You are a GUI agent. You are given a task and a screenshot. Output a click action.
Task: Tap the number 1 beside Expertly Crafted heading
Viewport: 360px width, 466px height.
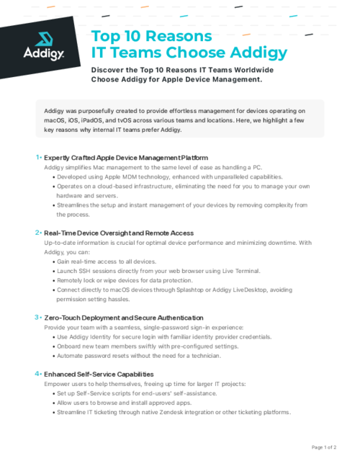pyautogui.click(x=37, y=157)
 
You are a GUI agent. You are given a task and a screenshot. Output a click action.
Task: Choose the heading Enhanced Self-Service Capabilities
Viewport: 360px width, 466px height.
pyautogui.click(x=99, y=375)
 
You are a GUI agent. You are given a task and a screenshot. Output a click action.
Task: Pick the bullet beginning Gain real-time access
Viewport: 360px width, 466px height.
pyautogui.click(x=107, y=261)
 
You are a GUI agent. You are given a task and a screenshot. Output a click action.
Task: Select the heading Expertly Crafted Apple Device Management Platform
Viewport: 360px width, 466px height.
pyautogui.click(x=126, y=157)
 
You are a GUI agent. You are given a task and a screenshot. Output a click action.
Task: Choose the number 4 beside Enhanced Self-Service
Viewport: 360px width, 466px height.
pyautogui.click(x=37, y=374)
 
